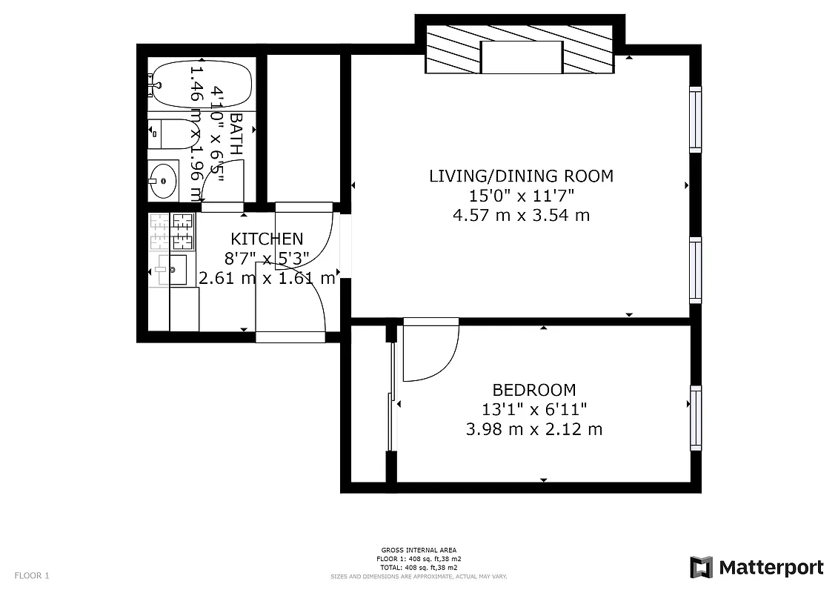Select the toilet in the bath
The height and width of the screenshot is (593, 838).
tap(164, 134)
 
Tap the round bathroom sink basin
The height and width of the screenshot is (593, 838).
tap(162, 180)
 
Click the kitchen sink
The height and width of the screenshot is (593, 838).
tap(178, 270)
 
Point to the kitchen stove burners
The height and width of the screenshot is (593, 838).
tap(172, 232)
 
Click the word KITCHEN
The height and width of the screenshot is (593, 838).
tap(267, 239)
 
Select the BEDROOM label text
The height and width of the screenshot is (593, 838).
tap(533, 390)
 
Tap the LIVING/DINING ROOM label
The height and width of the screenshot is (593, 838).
tap(521, 176)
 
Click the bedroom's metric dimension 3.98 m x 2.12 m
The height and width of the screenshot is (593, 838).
tap(533, 429)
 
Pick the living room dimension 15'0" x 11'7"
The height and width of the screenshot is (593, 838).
tap(521, 196)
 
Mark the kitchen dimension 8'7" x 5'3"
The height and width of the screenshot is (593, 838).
tap(267, 259)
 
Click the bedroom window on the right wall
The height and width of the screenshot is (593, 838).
tap(696, 417)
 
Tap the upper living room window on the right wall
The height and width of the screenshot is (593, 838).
tap(695, 119)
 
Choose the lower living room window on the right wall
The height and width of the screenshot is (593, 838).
tap(695, 270)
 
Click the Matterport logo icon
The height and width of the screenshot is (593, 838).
tap(701, 567)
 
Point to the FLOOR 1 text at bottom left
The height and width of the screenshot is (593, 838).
tap(32, 575)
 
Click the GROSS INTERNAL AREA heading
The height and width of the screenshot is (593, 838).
tap(419, 550)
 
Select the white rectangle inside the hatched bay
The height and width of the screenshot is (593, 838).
tap(522, 57)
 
